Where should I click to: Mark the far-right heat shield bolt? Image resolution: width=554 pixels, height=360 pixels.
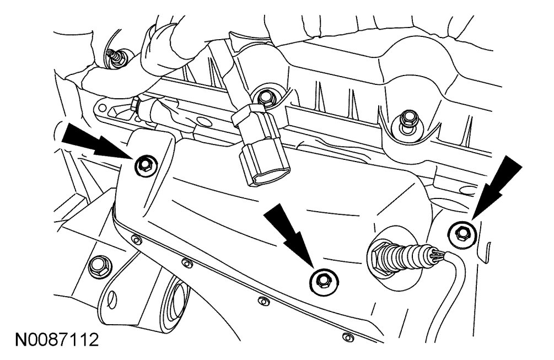[x=462, y=234]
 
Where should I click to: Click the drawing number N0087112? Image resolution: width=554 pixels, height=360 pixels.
[x=57, y=340]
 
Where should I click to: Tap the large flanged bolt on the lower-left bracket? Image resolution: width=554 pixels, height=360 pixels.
[x=100, y=267]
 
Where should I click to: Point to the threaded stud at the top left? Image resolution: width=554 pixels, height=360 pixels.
[x=117, y=57]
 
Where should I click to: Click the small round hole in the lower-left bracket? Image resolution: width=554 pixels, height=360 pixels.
[x=112, y=298]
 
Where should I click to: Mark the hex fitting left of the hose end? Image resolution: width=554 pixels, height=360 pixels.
[x=135, y=105]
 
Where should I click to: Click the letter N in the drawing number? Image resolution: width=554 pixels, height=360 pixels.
[x=20, y=340]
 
